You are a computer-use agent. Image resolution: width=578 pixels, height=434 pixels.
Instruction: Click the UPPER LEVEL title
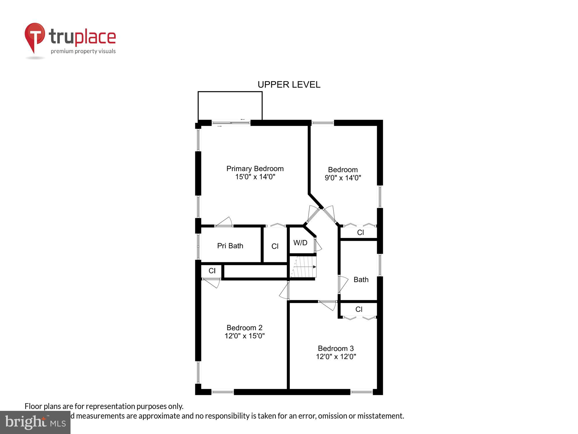tap(289, 84)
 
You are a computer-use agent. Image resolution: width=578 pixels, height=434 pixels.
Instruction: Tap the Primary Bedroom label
tap(255, 169)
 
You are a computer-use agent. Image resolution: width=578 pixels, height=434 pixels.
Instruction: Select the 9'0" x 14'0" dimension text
tap(343, 178)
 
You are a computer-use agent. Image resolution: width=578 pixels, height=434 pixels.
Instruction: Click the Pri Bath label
tap(230, 246)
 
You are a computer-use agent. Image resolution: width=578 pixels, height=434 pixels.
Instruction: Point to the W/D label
tap(300, 243)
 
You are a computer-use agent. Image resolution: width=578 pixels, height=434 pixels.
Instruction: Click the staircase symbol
tap(303, 267)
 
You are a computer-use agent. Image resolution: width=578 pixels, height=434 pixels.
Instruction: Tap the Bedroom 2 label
tap(244, 328)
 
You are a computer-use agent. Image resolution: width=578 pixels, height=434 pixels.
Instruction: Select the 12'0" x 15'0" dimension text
tap(244, 336)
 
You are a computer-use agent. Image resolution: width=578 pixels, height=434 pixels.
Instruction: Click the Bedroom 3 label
tap(336, 348)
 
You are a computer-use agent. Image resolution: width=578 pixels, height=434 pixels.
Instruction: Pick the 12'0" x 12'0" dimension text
tap(336, 356)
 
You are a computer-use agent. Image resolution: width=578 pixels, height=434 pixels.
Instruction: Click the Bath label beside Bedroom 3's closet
tap(361, 279)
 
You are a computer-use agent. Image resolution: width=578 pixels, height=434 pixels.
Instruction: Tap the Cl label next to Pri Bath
tap(275, 246)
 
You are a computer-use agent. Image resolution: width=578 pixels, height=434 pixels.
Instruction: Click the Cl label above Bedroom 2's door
tap(212, 271)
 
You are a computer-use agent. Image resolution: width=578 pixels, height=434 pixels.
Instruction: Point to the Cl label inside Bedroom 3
tap(359, 309)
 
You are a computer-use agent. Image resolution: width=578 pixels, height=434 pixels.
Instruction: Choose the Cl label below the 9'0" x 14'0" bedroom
tap(360, 232)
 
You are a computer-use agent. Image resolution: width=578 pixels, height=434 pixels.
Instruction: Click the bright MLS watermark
tap(35, 422)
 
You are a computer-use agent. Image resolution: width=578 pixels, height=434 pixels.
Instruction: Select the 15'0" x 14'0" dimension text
tap(255, 176)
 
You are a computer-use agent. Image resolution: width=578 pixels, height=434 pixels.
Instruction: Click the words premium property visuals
tap(83, 51)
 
